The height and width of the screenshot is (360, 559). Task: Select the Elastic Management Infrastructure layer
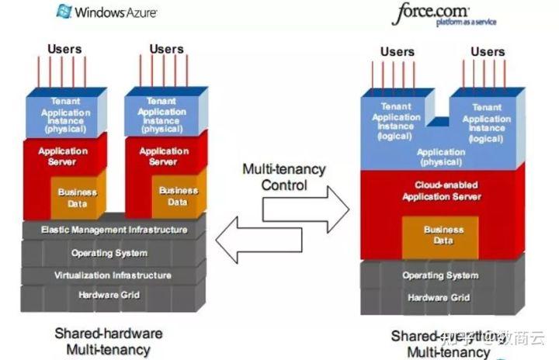coord(113,230)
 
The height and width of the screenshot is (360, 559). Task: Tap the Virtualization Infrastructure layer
coord(113,275)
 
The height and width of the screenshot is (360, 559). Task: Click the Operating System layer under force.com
coord(440,275)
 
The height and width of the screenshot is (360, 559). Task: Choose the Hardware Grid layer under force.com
coord(440,298)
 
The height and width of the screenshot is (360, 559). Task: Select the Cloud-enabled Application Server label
coord(441,191)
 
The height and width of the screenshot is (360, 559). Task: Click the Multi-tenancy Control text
coord(284,176)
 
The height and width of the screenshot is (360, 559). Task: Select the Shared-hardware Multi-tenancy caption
coord(108,341)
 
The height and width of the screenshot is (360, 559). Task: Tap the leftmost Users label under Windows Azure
coord(64,49)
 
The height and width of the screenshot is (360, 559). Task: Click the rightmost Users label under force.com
coord(488,52)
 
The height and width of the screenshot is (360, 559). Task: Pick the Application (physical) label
coord(441,157)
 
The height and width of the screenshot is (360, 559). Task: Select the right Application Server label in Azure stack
coord(164,156)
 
